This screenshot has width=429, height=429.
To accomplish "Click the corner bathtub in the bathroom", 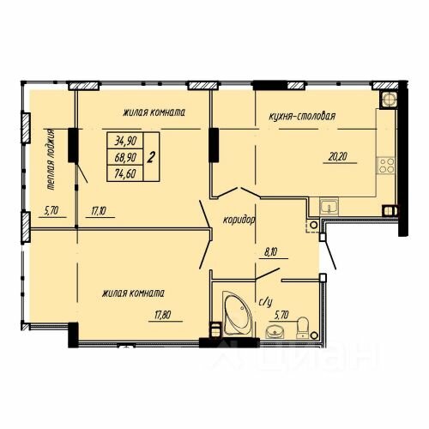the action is click(238, 313).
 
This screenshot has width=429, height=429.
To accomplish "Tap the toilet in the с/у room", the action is click(302, 327).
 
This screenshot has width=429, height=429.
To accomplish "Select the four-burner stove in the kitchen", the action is click(386, 166).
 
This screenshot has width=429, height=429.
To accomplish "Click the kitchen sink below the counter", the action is click(329, 207).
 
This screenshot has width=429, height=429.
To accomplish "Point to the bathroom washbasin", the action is click(275, 332).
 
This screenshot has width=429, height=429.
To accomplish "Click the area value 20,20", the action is click(338, 157).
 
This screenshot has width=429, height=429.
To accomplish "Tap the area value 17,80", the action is click(162, 315).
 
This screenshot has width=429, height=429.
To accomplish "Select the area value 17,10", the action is click(99, 211).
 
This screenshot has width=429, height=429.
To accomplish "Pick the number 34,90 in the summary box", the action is click(125, 141).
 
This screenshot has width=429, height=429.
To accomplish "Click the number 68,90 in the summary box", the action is click(125, 157).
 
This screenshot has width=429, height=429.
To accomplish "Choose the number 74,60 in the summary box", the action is click(125, 173).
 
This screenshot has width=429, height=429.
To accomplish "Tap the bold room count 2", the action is click(151, 157).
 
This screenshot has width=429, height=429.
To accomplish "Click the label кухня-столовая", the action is click(302, 117).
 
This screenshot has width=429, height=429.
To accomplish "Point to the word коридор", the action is click(239, 220).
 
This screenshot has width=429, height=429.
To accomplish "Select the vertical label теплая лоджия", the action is click(51, 160).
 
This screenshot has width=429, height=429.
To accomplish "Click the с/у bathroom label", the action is click(265, 302).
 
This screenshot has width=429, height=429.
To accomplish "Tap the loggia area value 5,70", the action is click(51, 211).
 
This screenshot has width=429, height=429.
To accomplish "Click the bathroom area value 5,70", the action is click(281, 315).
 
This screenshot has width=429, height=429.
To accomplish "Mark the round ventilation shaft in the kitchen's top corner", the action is click(389, 100).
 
